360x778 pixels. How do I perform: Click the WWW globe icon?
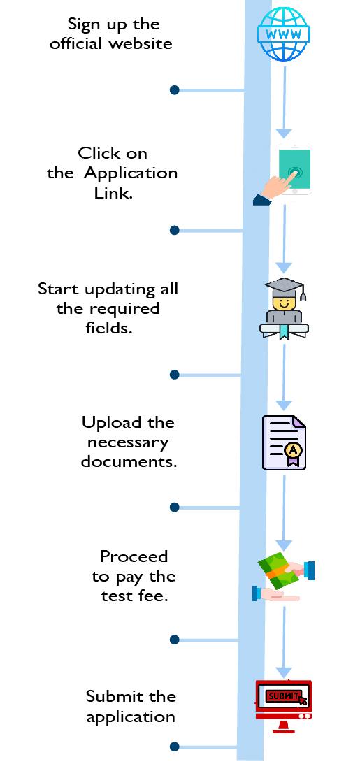coord(284,34)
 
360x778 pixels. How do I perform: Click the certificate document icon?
coord(284,442)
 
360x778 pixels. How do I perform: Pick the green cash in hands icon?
coord(284,577)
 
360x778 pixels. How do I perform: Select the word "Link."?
coord(113,192)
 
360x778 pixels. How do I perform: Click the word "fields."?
coord(109,328)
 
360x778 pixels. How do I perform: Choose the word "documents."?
coord(129,461)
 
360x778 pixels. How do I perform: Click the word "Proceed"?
coord(134,556)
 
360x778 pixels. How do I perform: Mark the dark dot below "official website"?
coord(175,90)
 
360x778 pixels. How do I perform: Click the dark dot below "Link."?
coord(174,230)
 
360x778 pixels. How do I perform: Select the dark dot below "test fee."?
coord(174,640)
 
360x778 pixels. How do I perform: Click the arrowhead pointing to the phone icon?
coord(284,133)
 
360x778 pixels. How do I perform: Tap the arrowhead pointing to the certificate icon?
coord(284,405)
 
